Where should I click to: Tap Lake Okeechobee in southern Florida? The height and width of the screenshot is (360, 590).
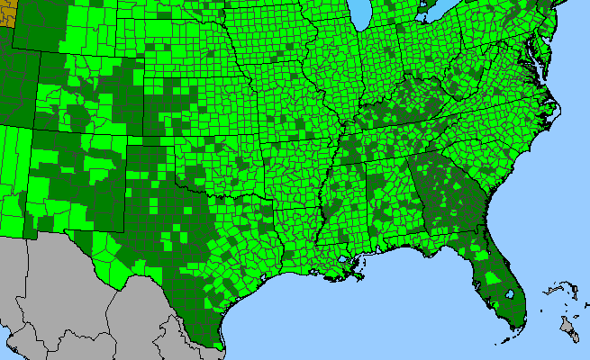(x=511, y=293)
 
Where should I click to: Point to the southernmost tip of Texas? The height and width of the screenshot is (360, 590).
(x=220, y=346)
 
